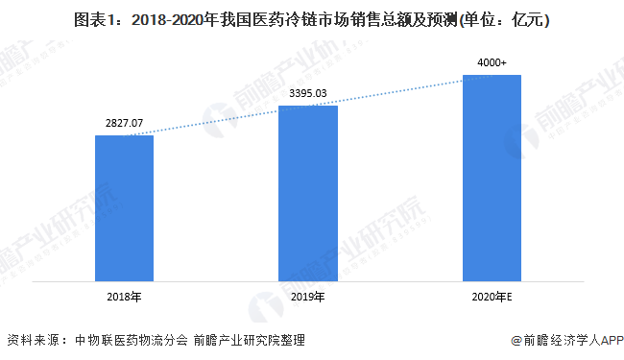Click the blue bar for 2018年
tap(125, 206)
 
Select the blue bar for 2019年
tap(307, 192)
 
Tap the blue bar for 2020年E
tap(492, 177)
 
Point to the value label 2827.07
tap(125, 124)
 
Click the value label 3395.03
tap(307, 94)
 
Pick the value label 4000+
tap(492, 63)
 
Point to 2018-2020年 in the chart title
tap(166, 18)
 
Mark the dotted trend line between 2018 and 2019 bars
tap(216, 121)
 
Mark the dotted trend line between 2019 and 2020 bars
tap(399, 91)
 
